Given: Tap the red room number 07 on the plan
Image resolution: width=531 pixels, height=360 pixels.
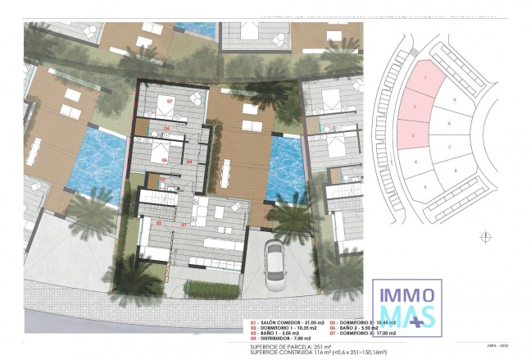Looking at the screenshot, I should click(x=170, y=102).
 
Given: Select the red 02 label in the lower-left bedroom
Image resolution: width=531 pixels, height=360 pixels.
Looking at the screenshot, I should click(x=160, y=222).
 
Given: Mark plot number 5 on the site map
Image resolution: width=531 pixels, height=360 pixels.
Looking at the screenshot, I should click(x=427, y=187).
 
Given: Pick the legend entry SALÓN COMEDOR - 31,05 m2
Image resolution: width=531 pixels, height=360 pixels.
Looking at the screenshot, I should click(x=282, y=324).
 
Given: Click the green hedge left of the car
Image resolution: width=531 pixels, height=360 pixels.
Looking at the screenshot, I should click(x=212, y=289).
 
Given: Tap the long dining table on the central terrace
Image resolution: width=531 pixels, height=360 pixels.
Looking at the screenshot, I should click(x=226, y=173).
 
